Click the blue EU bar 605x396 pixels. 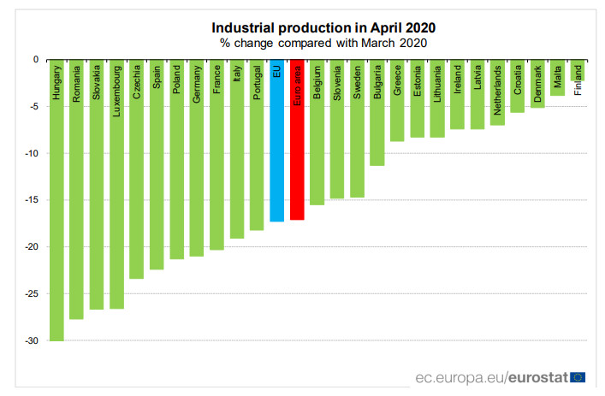[x=276, y=141]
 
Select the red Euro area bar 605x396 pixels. [x=297, y=140]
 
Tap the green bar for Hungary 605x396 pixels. [x=56, y=200]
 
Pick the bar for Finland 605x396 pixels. [x=578, y=71]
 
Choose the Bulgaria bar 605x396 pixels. [x=377, y=113]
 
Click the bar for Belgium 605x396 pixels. [x=317, y=133]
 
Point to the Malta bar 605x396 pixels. [x=557, y=78]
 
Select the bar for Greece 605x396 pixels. [x=397, y=101]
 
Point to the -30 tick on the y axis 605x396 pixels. [x=32, y=341]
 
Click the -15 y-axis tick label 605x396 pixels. [x=32, y=200]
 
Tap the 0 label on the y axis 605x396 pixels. [x=36, y=60]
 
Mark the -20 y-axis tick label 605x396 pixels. [x=32, y=247]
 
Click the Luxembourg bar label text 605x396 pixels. [x=116, y=92]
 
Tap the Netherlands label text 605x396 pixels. [x=497, y=90]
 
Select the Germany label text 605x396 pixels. [x=197, y=85]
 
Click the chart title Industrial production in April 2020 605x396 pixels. [x=323, y=27]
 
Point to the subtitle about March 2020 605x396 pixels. [x=323, y=43]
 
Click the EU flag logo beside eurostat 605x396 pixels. [x=578, y=377]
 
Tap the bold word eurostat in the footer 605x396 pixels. [x=538, y=377]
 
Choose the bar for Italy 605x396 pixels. [x=237, y=149]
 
